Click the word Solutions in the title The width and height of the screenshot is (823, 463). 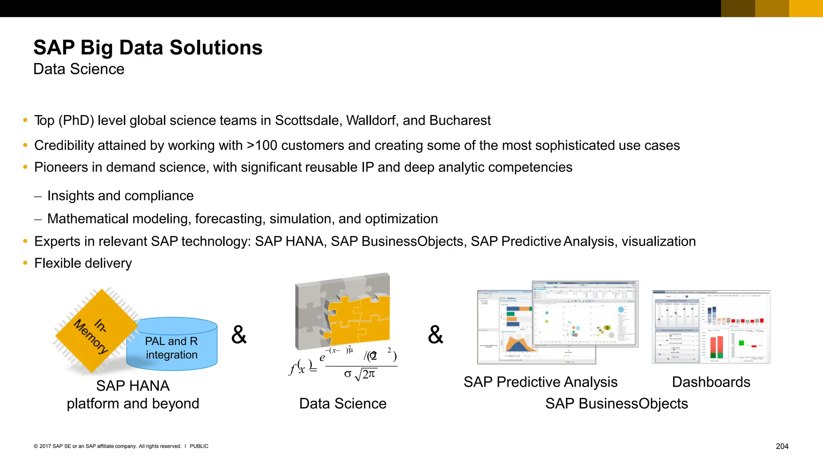[x=216, y=48]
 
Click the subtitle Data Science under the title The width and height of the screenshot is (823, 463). [x=79, y=69]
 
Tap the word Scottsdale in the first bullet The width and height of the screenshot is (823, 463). [x=308, y=121]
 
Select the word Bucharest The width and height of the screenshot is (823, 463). [x=460, y=121]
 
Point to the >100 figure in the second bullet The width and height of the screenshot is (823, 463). [x=262, y=145]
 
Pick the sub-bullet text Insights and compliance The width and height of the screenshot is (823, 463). [x=120, y=196]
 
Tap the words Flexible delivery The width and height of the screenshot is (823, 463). [x=83, y=263]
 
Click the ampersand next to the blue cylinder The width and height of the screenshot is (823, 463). [x=239, y=335]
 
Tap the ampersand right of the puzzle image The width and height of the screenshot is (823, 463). [x=435, y=335]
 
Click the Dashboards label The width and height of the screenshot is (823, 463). [x=710, y=382]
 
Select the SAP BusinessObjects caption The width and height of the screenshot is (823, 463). [x=616, y=404]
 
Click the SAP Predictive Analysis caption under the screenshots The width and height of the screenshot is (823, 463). [x=540, y=382]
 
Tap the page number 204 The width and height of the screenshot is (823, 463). [x=782, y=446]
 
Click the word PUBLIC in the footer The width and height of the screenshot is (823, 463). [x=199, y=446]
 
